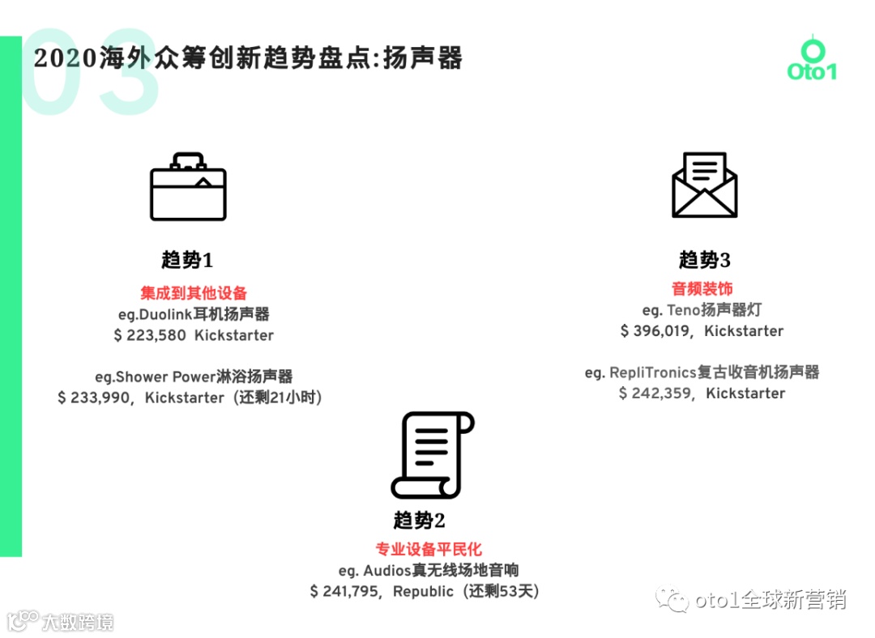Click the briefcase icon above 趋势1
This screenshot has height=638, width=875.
pyautogui.click(x=188, y=187)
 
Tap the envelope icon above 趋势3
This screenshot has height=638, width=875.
pyautogui.click(x=704, y=185)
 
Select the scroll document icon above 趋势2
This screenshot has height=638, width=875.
pyautogui.click(x=431, y=455)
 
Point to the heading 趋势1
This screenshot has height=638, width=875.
pyautogui.click(x=187, y=260)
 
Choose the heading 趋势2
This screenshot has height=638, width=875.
pyautogui.click(x=420, y=520)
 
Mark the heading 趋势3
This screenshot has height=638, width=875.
pyautogui.click(x=705, y=260)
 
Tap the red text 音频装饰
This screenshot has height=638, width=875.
pyautogui.click(x=702, y=288)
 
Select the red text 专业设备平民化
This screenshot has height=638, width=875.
pyautogui.click(x=429, y=550)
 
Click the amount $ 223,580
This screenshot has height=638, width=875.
pyautogui.click(x=150, y=335)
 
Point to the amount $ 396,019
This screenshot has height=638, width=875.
pyautogui.click(x=655, y=331)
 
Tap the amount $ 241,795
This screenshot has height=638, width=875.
pyautogui.click(x=344, y=592)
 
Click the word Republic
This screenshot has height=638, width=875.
pyautogui.click(x=423, y=592)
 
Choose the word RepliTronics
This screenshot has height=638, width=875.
pyautogui.click(x=653, y=372)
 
